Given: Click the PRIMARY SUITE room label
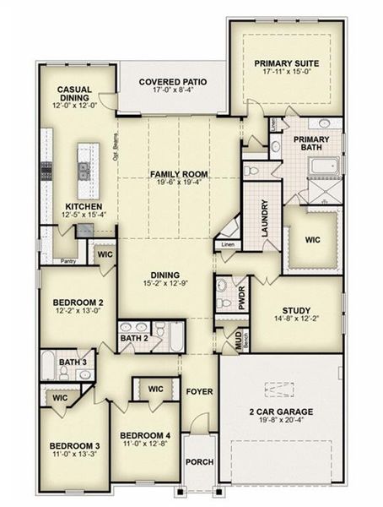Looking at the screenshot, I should (286, 63).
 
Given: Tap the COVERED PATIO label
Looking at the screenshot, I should (173, 82).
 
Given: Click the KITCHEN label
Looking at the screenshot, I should (84, 206).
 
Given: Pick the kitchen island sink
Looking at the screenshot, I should (84, 170).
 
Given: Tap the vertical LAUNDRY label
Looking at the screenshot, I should (265, 216).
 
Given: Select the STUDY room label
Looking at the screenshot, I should (298, 311).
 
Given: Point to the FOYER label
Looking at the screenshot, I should (199, 393).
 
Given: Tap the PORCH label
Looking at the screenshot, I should (199, 462).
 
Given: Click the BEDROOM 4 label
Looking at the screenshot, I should (144, 435).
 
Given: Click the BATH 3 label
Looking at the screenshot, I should (73, 363).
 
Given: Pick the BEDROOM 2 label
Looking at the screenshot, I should (78, 302).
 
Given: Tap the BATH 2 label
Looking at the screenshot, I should (133, 339).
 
